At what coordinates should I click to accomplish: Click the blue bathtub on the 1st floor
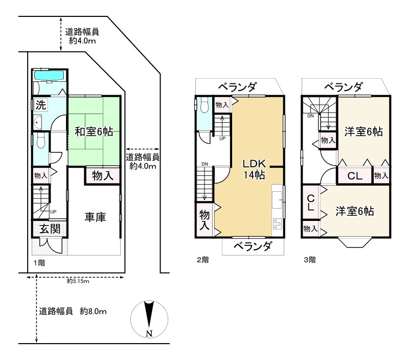(49, 76)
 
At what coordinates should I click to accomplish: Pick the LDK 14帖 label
(254, 169)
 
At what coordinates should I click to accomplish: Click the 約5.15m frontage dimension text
(78, 281)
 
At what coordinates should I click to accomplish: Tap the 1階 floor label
(39, 263)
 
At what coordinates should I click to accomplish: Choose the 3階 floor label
(309, 260)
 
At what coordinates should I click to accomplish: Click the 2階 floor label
(202, 260)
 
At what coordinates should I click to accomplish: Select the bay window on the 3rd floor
(356, 242)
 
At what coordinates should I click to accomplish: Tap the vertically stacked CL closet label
(310, 204)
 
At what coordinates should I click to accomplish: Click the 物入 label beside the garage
(103, 175)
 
